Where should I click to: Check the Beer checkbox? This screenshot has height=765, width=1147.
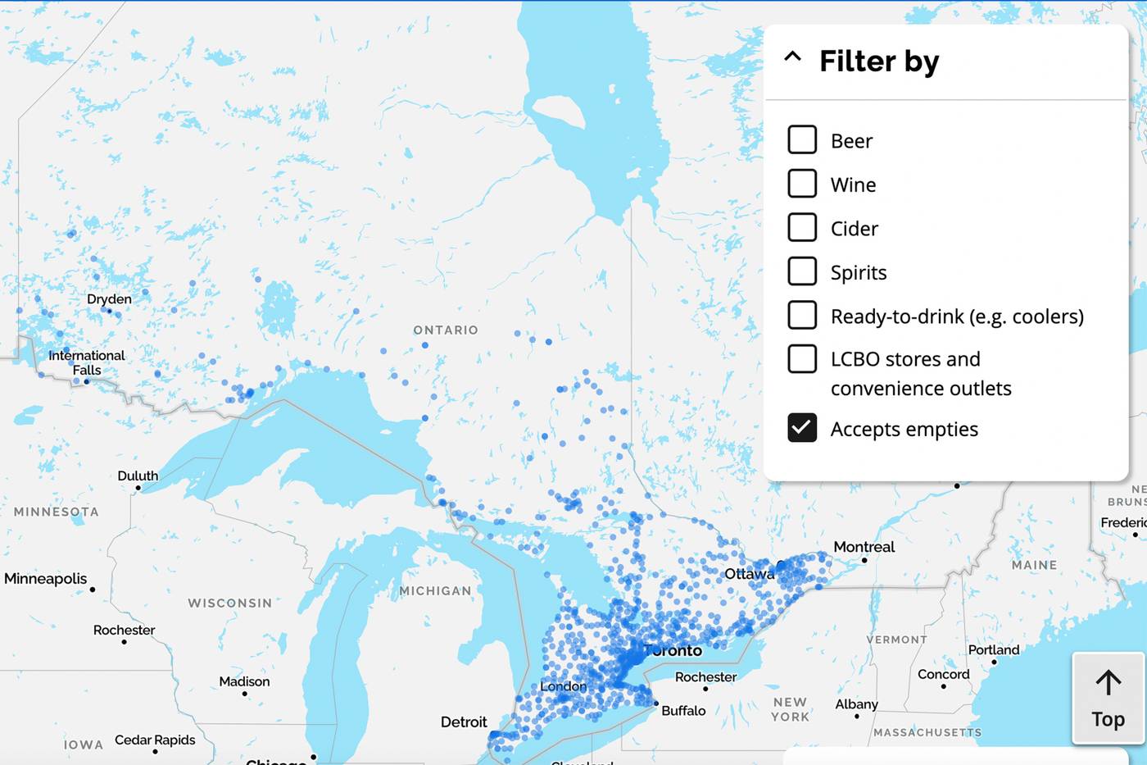pyautogui.click(x=802, y=140)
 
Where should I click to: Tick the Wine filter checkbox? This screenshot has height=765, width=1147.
pyautogui.click(x=802, y=184)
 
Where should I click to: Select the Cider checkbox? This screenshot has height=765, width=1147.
pyautogui.click(x=802, y=227)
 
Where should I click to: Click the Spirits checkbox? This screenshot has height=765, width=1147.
pyautogui.click(x=802, y=271)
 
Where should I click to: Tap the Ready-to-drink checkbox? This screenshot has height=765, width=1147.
pyautogui.click(x=802, y=315)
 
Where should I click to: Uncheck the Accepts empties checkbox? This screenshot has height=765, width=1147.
pyautogui.click(x=802, y=428)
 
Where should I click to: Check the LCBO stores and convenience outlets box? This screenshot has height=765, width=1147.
pyautogui.click(x=802, y=359)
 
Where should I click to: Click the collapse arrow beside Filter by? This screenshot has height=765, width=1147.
pyautogui.click(x=792, y=57)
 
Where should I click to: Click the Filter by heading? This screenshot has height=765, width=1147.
pyautogui.click(x=879, y=61)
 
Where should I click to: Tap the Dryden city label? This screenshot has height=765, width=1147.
pyautogui.click(x=109, y=299)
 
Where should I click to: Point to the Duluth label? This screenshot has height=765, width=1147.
pyautogui.click(x=138, y=476)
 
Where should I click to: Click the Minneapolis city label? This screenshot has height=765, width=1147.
pyautogui.click(x=45, y=579)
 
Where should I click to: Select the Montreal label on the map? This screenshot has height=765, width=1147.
pyautogui.click(x=864, y=547)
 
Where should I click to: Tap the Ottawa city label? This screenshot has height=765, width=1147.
pyautogui.click(x=749, y=574)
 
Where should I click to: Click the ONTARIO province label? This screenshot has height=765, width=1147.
pyautogui.click(x=446, y=330)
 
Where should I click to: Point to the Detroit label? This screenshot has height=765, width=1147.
pyautogui.click(x=464, y=722)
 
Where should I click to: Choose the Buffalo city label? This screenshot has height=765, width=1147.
pyautogui.click(x=683, y=711)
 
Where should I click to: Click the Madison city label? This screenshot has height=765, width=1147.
pyautogui.click(x=244, y=682)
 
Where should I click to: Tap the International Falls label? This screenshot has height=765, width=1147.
pyautogui.click(x=87, y=362)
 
